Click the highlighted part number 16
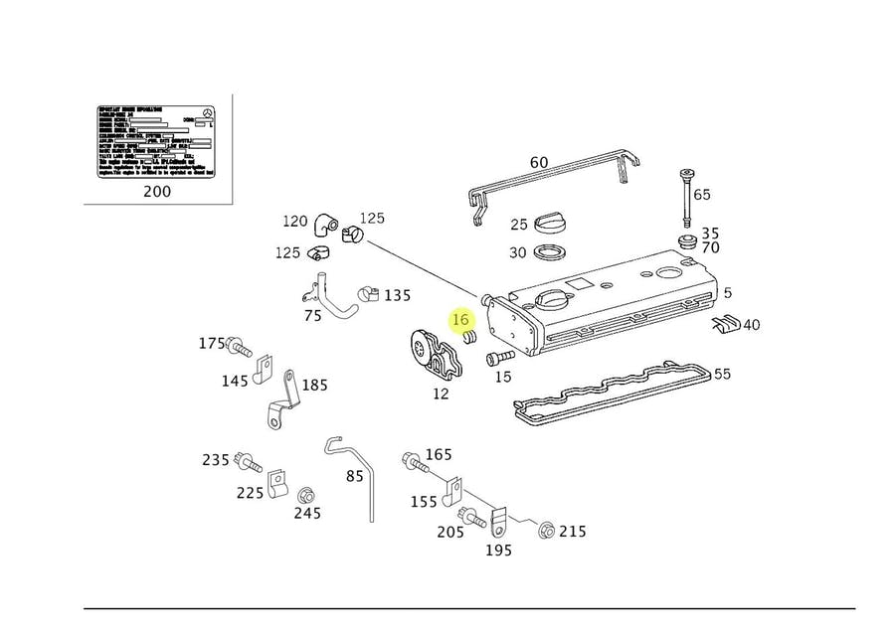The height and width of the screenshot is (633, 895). [x=459, y=320]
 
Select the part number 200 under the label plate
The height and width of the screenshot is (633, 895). [x=157, y=191]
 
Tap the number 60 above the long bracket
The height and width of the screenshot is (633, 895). [x=539, y=163]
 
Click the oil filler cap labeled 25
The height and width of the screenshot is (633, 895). [x=550, y=222]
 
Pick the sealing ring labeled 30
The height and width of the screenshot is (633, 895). [x=550, y=252]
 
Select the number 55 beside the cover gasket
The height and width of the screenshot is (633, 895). [x=723, y=374]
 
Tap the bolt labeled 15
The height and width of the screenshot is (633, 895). [x=500, y=357]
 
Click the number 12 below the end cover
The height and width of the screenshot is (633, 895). [x=441, y=394]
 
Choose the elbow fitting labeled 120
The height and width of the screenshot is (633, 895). [x=325, y=225]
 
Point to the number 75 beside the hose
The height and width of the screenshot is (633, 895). [x=312, y=316]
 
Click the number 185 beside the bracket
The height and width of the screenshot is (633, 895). [x=314, y=385]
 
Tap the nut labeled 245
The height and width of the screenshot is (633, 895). [x=306, y=494]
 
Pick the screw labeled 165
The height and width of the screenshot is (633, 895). [x=412, y=461]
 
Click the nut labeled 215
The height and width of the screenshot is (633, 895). [x=546, y=531]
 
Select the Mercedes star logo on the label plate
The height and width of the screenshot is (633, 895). [x=207, y=112]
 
